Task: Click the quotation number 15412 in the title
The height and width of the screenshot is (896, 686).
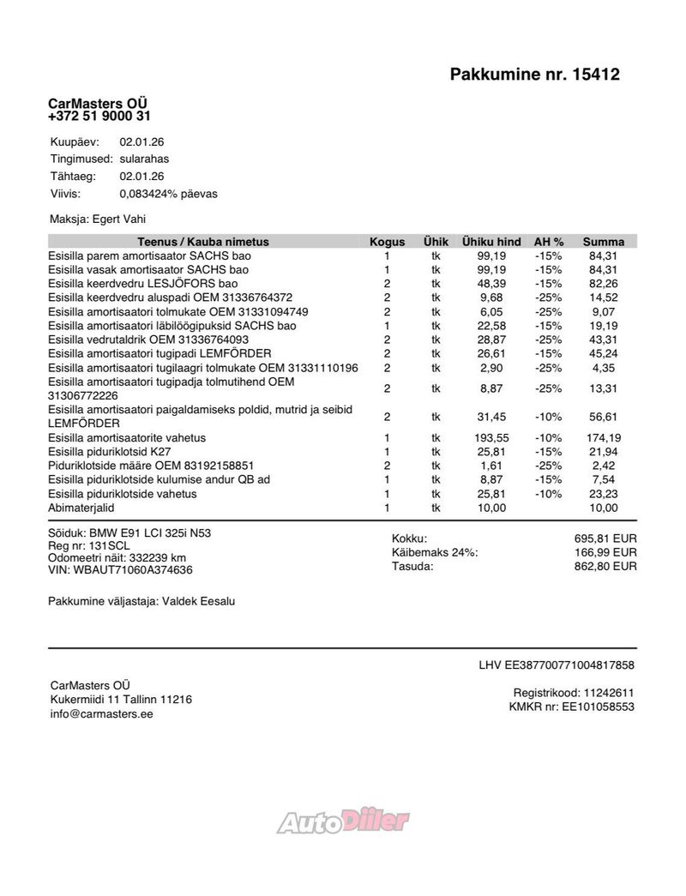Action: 592,75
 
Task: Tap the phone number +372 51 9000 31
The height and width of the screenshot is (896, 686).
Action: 99,117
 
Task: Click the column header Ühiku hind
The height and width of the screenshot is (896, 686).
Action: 491,242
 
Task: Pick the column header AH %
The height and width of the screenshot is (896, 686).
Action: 549,242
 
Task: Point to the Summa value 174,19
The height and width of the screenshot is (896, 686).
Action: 605,438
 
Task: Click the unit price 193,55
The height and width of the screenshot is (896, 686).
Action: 491,438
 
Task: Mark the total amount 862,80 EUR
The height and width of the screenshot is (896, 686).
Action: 605,566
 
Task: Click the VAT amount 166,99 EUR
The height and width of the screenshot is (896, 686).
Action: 605,552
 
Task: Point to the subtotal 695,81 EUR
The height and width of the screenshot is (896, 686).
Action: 605,538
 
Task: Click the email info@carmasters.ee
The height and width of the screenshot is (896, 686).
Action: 101,713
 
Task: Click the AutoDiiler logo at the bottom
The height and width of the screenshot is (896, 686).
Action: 343,822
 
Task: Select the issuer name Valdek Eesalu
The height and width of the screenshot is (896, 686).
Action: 197,602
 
